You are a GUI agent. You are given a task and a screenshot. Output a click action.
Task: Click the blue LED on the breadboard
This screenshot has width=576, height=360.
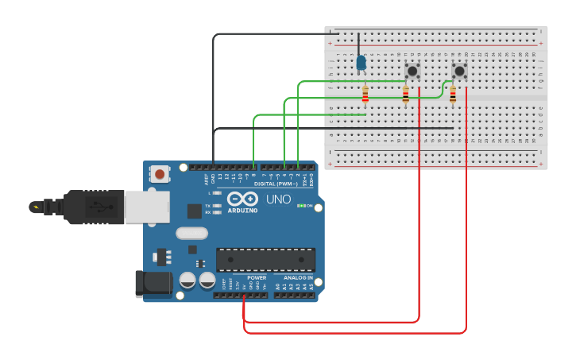click(x=361, y=62)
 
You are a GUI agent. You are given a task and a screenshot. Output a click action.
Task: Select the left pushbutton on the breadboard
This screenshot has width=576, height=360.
click(x=412, y=71)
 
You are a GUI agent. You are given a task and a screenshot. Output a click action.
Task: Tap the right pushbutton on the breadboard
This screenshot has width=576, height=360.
click(x=459, y=71)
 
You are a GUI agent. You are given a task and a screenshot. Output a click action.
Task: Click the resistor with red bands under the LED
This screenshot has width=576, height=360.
click(x=365, y=95)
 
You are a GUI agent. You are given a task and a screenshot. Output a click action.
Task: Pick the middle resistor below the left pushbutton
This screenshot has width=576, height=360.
click(x=406, y=95)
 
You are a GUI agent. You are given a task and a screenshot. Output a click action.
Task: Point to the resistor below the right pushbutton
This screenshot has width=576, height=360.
click(x=453, y=95)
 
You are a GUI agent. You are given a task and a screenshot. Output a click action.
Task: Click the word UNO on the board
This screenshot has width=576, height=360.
click(x=278, y=199)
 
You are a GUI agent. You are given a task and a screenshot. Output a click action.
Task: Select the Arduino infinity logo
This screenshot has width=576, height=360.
click(x=242, y=199)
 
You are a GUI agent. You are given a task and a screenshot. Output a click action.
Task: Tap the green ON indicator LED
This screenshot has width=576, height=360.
click(x=300, y=206)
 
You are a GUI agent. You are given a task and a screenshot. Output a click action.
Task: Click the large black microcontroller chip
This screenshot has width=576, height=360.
click(x=265, y=259)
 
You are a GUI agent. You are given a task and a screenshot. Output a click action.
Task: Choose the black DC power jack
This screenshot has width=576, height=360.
click(x=153, y=284)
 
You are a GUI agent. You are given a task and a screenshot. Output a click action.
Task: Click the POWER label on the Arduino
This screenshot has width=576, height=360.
click(x=257, y=278)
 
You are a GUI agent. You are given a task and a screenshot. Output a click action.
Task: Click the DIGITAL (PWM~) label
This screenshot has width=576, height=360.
click(x=276, y=184)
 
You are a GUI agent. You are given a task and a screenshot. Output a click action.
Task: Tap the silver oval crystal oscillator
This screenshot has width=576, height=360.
click(x=191, y=234)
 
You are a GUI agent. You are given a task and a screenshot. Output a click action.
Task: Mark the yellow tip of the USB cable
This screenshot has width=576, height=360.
click(x=34, y=207)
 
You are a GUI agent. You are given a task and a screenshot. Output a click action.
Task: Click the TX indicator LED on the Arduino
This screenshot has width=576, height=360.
click(x=216, y=205)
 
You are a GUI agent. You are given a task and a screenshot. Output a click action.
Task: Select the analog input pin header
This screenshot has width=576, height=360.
click(x=294, y=295)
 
